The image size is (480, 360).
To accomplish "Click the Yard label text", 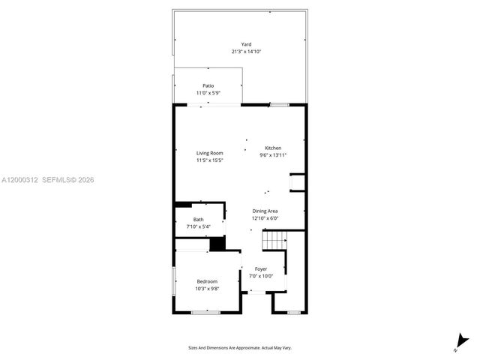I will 246,44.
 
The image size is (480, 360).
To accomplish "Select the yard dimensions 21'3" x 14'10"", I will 246,52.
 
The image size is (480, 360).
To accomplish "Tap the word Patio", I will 208,85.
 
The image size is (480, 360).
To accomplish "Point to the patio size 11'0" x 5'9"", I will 208,93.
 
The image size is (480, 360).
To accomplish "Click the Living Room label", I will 210,153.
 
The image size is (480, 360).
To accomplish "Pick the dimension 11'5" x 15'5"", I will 210,160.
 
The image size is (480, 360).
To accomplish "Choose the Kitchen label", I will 273,148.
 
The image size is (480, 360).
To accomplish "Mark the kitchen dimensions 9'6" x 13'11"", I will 273,155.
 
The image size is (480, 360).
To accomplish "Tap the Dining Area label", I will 265,211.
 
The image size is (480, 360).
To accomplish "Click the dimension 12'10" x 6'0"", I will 265,219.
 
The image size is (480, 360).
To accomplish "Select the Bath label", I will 198,219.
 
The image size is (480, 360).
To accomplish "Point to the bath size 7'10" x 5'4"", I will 198,226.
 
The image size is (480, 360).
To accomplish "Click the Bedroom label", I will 206,281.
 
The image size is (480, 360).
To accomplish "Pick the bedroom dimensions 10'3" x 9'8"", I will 206,289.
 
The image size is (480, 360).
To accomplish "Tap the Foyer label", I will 261,268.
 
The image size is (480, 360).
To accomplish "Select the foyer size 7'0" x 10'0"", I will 261,276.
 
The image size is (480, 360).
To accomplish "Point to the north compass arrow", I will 459,343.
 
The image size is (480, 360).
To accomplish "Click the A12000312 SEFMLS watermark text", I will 47,180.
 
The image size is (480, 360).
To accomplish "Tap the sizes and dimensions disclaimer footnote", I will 240,347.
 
